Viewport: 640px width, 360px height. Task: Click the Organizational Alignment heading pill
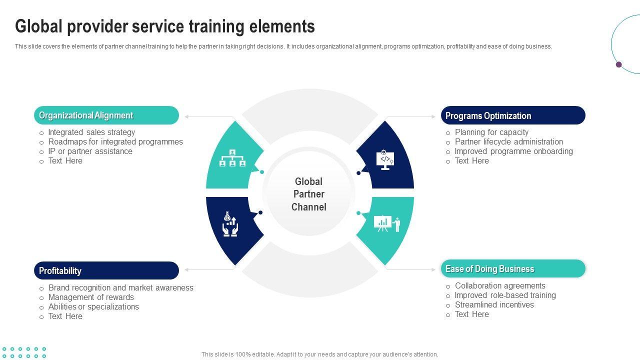point(106,115)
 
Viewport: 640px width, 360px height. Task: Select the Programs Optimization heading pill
point(512,115)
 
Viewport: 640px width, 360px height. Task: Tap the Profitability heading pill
point(106,270)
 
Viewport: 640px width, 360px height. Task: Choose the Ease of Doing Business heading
point(512,269)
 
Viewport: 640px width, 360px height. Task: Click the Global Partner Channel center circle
point(308,194)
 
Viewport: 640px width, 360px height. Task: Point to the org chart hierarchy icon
point(232,157)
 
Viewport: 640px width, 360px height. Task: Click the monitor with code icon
point(385,159)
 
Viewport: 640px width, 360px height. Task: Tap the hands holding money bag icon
point(230,224)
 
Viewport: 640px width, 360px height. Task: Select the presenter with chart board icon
point(387,223)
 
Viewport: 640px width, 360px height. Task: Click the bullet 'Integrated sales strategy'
point(91,132)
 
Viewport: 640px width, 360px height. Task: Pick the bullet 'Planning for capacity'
point(491,132)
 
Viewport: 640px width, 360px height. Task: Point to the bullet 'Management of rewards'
point(91,297)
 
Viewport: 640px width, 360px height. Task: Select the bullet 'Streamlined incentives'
point(494,305)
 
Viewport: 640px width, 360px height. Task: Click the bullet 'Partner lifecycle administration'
point(508,142)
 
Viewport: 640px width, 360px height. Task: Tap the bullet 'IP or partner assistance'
point(90,151)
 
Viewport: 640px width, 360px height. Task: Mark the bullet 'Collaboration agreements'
point(500,286)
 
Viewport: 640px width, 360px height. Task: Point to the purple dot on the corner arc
point(618,64)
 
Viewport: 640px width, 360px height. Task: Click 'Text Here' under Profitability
point(65,316)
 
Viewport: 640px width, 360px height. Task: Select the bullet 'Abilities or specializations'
point(93,307)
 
